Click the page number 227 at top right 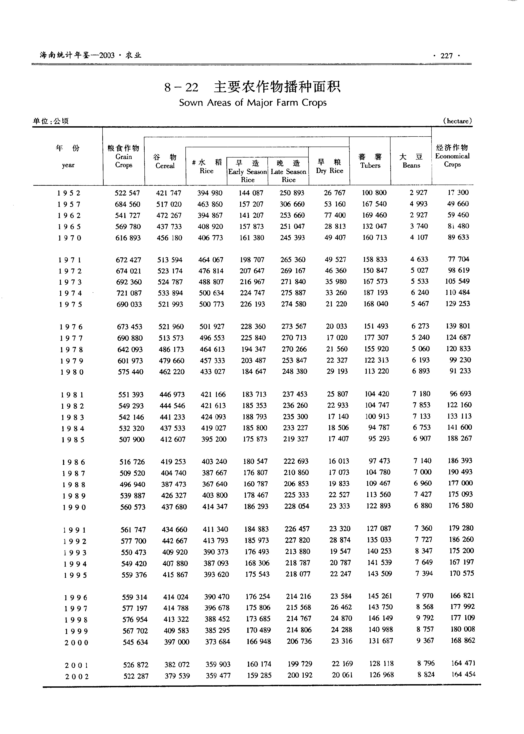pos(446,56)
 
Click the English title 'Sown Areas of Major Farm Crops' pos(253,103)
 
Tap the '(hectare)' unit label pos(457,121)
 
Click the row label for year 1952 pos(69,193)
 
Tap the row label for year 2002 pos(77,677)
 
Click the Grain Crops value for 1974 pos(129,293)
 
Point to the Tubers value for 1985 pos(379,439)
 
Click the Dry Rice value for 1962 pos(335,215)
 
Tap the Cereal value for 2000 pos(176,642)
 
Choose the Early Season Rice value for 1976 pos(253,327)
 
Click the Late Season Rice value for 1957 pos(292,204)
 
